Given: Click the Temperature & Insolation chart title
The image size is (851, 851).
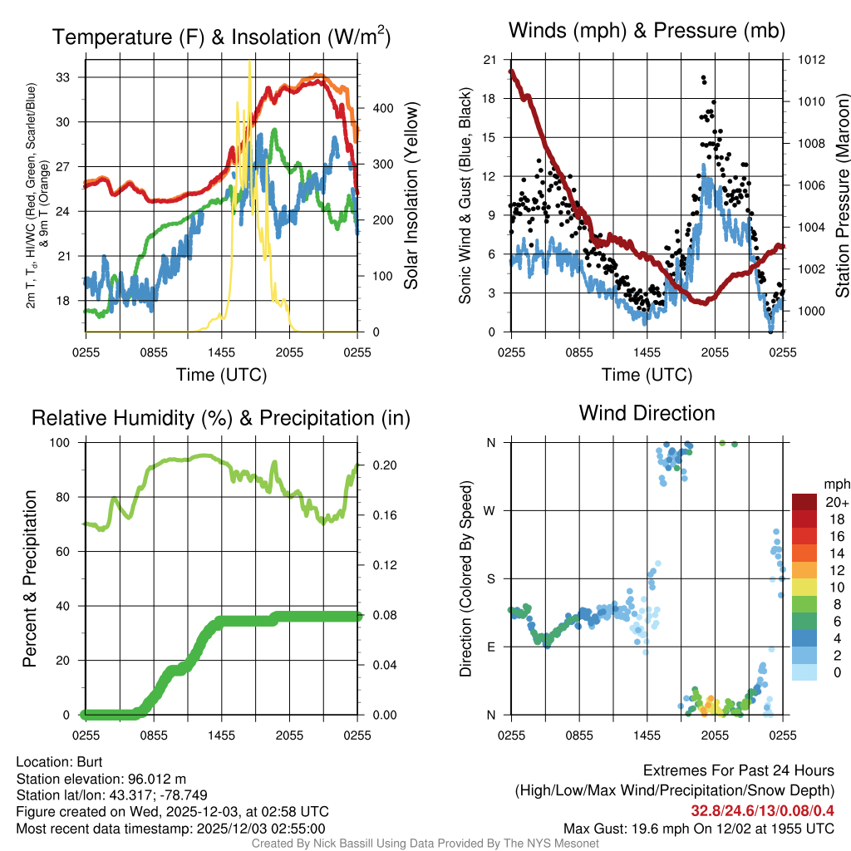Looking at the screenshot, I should pos(221,37).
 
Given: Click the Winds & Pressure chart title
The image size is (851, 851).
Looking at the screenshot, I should pos(647,32).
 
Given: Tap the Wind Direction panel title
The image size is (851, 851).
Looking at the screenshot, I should pos(647,413).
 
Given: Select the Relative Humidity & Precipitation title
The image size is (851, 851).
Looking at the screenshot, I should pos(221,418).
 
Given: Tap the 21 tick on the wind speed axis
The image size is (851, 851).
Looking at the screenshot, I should pos(489,60).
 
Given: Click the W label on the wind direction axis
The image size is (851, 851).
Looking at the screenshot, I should pos(491,510).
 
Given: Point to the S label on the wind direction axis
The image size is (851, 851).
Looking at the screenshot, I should pos(491,578).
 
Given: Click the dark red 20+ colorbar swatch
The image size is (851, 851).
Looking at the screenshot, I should pos(804,502).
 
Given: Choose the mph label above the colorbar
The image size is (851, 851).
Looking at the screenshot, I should pos(836,483).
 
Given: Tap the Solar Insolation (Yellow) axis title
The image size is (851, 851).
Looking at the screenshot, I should pos(411,195).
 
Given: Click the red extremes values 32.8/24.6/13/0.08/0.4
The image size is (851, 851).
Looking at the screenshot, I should pos(763,810).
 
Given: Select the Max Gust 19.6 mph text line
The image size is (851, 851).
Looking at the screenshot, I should pos(698,828).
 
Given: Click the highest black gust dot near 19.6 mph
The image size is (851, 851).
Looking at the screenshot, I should pos(703,77).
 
